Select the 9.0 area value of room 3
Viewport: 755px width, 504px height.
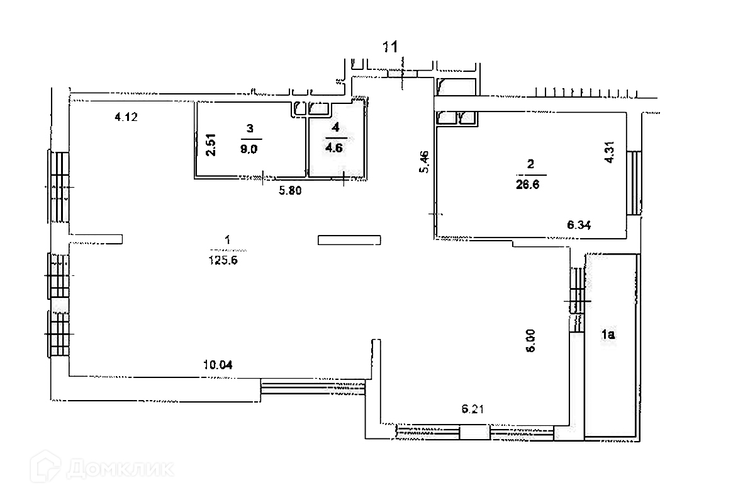click(250, 149)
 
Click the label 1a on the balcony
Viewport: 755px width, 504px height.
click(608, 335)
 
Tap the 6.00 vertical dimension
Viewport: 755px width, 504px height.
click(530, 340)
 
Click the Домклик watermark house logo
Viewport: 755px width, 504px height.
click(51, 469)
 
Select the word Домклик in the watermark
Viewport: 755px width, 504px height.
click(120, 469)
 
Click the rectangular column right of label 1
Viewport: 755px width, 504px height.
click(349, 239)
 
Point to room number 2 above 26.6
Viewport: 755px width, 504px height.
click(530, 165)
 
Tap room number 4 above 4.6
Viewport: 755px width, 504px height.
click(335, 128)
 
